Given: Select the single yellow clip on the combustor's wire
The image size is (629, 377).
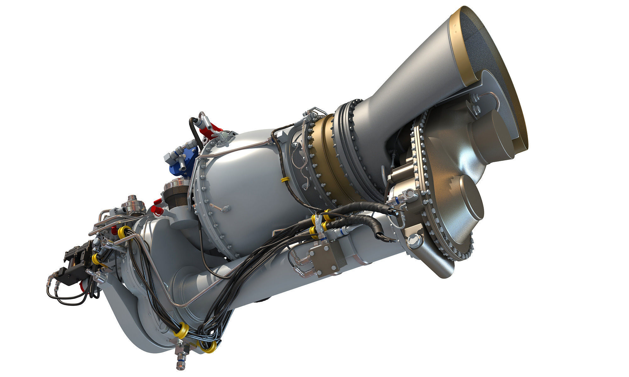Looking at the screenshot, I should (284, 179).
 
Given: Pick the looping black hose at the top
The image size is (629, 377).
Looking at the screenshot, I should (193, 132).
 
